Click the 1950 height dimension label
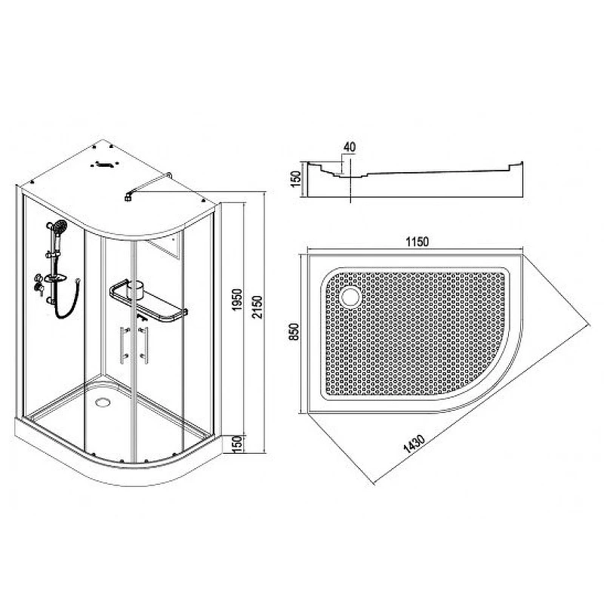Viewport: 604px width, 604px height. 237,300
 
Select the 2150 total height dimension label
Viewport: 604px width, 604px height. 257,307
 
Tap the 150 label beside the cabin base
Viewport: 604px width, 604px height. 238,444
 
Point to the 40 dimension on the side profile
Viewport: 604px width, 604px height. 350,146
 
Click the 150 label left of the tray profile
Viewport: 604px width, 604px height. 295,179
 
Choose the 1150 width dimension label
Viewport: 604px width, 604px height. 418,242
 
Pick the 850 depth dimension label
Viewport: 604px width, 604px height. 294,331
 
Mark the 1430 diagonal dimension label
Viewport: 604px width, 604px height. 414,443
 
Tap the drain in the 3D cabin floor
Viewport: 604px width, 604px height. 103,402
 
